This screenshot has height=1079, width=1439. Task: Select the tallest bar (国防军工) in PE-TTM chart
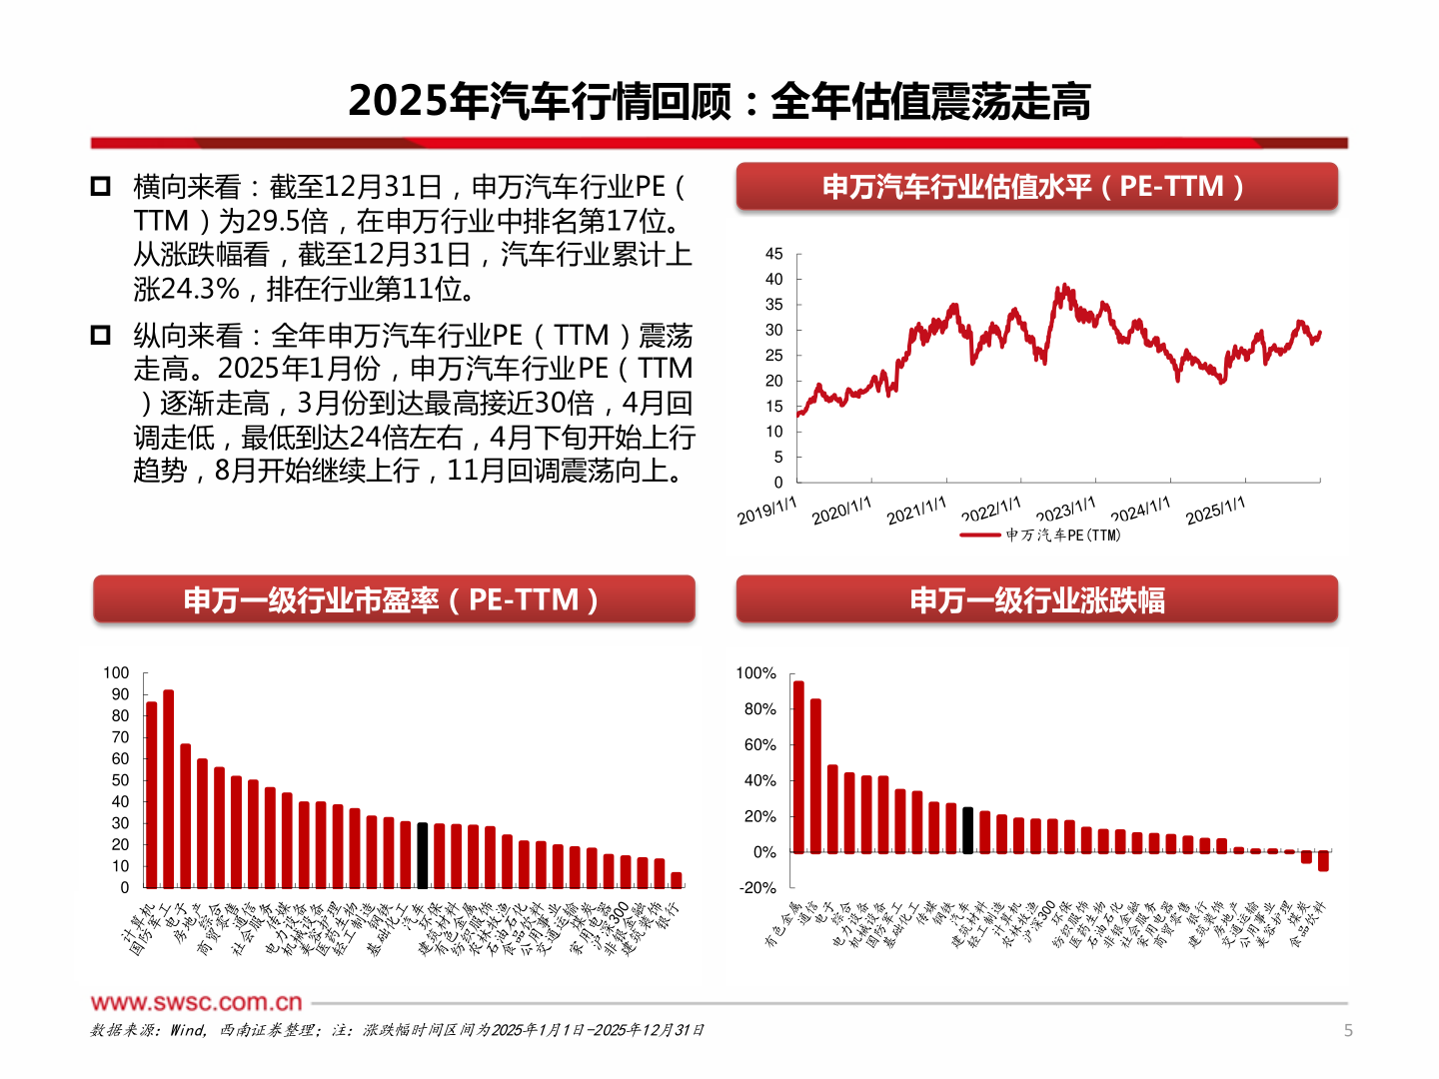point(168,789)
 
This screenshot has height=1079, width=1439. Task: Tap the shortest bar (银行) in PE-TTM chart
point(677,880)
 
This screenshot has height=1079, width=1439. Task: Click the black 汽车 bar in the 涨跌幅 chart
point(967,830)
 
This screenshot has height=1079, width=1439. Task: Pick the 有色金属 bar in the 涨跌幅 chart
point(797,766)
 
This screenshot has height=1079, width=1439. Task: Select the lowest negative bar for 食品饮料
point(1323,861)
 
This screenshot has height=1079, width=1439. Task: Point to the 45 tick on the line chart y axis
point(773,254)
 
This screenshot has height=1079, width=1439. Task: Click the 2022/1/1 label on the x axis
point(991,511)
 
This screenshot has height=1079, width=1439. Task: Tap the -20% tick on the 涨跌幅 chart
point(757,887)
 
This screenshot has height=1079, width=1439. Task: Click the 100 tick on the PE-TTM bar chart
point(116,672)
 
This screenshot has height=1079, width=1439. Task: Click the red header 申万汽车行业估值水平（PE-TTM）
point(1036,187)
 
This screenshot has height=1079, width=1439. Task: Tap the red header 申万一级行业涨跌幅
point(1036,600)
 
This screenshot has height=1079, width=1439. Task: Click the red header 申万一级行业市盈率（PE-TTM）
point(393,600)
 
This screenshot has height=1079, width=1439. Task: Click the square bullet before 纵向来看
point(101,335)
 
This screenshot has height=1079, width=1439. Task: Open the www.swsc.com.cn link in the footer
point(196,1002)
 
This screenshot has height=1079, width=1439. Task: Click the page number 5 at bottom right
point(1348,1030)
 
